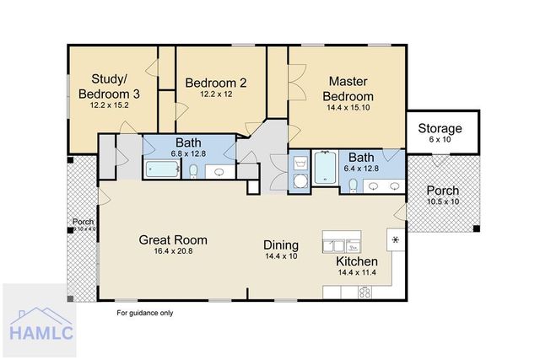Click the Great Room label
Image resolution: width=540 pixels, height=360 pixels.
click(x=173, y=240)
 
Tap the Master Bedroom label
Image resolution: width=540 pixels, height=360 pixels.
click(x=348, y=89)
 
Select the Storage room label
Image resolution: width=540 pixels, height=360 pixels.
click(x=440, y=128)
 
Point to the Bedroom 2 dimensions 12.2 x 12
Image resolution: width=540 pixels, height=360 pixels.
click(x=216, y=94)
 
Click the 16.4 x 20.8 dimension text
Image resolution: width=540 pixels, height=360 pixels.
click(x=173, y=251)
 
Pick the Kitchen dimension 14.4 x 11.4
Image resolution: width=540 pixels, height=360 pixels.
click(x=357, y=272)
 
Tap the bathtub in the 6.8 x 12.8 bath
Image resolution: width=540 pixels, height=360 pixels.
click(x=162, y=169)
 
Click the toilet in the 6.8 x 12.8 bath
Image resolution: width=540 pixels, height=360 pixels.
click(x=193, y=171)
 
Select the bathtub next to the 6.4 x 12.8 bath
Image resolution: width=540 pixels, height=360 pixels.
click(x=325, y=168)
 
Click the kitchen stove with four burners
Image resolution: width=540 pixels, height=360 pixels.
click(x=364, y=293)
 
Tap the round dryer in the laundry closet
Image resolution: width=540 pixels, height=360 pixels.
click(x=300, y=180)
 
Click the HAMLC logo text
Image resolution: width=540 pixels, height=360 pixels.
click(x=41, y=333)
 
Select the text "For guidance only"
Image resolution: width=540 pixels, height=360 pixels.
click(x=144, y=313)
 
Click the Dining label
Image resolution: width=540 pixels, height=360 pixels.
click(x=281, y=245)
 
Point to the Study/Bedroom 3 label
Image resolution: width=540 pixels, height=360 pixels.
click(x=109, y=86)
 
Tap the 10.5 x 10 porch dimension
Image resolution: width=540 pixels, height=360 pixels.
click(x=443, y=201)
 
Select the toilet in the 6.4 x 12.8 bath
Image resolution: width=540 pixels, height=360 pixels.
click(x=353, y=185)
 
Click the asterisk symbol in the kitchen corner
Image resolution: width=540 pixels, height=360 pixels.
click(x=396, y=240)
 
